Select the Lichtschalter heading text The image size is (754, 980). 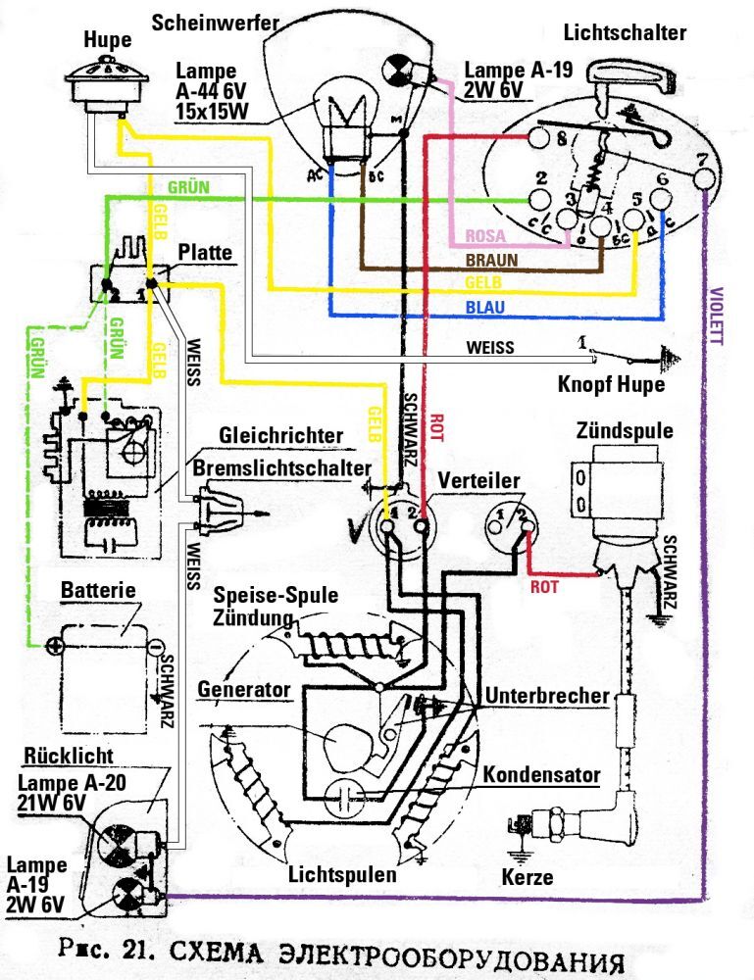click(625, 33)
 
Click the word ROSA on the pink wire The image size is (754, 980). click(484, 236)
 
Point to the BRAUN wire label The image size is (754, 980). click(491, 262)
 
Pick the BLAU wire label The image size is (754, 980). click(485, 308)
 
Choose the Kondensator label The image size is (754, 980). click(541, 774)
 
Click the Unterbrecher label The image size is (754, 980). click(546, 695)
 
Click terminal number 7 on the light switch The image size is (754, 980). click(700, 160)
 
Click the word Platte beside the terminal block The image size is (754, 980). click(205, 253)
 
